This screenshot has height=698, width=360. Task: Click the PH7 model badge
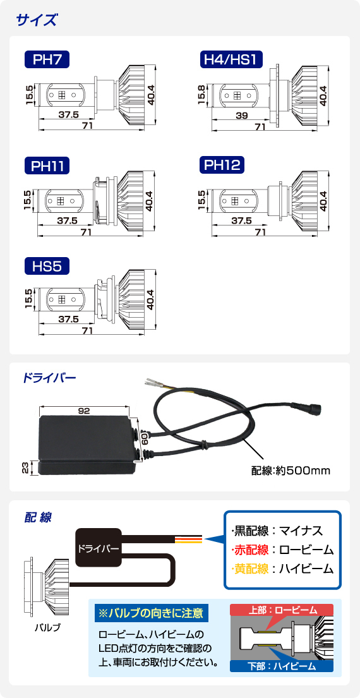point(47,59)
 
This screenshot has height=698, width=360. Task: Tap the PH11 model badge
point(47,166)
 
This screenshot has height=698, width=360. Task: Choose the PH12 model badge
point(222,165)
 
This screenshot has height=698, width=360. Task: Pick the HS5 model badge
point(47,267)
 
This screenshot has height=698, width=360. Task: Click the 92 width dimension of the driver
point(84,411)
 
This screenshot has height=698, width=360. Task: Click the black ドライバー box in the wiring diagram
point(99,548)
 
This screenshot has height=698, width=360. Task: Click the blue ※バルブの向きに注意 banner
point(152,613)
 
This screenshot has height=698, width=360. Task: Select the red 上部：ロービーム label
point(282,610)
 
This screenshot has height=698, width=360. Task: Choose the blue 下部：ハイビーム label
point(282,666)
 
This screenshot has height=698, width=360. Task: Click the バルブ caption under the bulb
point(47,628)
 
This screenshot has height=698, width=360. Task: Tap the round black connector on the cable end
point(312,408)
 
